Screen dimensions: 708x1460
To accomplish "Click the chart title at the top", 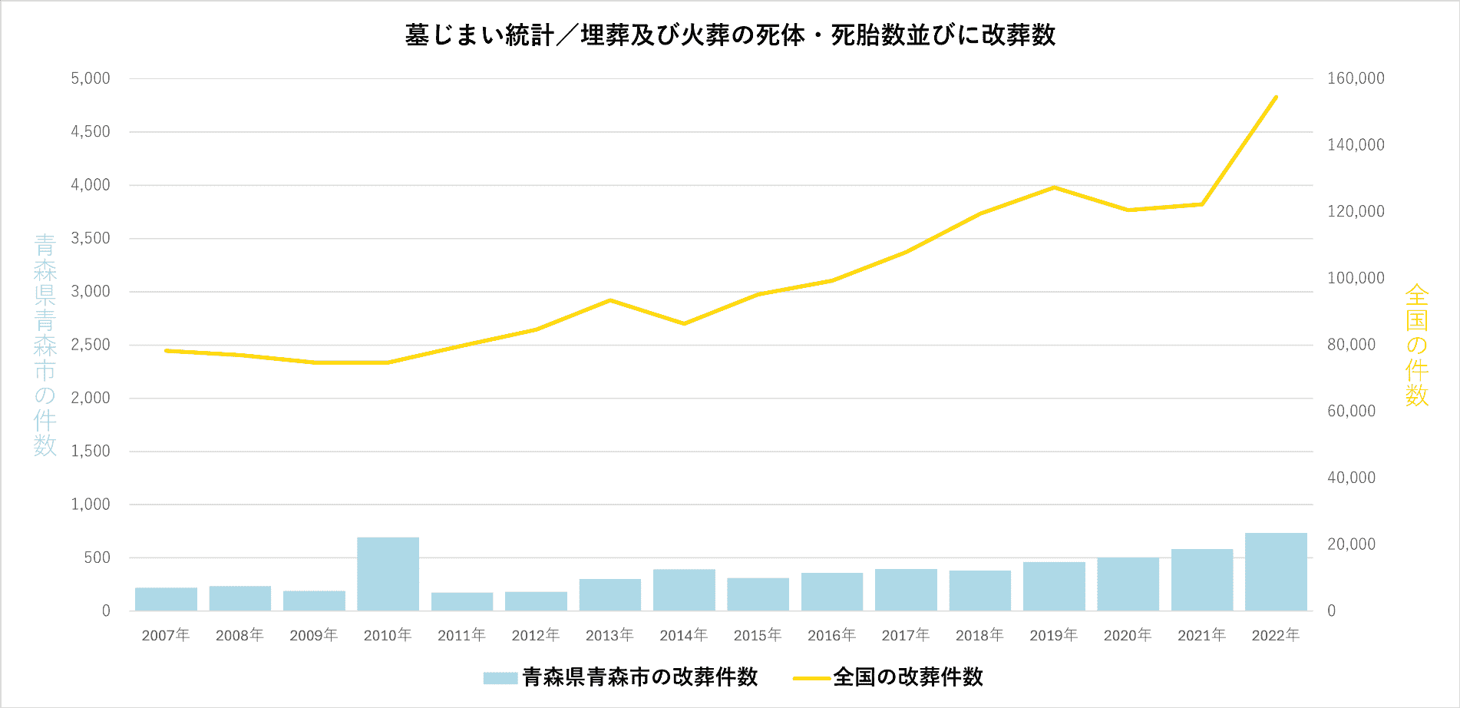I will click(x=730, y=35).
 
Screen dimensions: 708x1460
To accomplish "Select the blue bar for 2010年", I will click(x=388, y=574).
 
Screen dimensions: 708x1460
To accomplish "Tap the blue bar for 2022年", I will click(x=1276, y=572).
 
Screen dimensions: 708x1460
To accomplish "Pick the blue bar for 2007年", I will click(x=166, y=599).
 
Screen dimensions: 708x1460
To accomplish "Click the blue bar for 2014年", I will click(x=684, y=590).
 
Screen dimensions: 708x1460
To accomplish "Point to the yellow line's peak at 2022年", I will click(x=1276, y=97).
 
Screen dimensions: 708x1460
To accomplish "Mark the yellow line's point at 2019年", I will click(x=1054, y=187).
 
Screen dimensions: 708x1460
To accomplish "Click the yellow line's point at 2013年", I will click(x=609, y=300).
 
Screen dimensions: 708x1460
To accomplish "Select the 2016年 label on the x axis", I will click(x=831, y=635).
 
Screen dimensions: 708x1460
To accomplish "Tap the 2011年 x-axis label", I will click(x=461, y=635).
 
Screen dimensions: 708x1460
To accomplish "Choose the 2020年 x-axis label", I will click(x=1128, y=635).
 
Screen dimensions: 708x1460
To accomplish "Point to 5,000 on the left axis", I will click(x=91, y=78).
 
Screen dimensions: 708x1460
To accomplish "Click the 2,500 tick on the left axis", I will click(x=91, y=345).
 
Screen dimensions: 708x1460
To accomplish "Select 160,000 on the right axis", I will click(x=1356, y=78).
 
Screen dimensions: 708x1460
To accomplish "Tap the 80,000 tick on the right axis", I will click(x=1351, y=345).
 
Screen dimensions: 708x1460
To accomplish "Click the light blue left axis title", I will click(x=45, y=345).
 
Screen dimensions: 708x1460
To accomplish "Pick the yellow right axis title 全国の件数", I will click(x=1416, y=345).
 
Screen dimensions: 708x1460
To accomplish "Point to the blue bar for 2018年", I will click(x=979, y=591).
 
